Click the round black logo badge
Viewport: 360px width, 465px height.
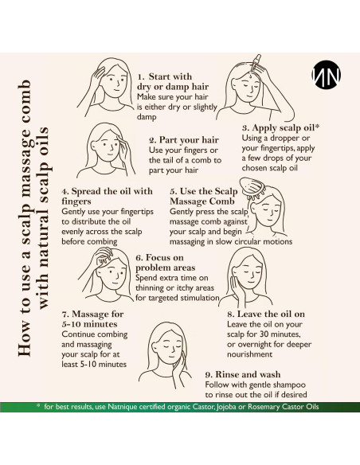click(327, 74)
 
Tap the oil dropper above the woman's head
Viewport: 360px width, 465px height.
click(256, 63)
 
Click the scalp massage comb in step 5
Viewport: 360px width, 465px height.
click(253, 189)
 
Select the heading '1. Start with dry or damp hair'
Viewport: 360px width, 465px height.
click(173, 81)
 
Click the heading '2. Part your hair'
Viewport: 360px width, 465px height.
click(184, 139)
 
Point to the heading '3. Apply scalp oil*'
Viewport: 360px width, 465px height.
click(280, 128)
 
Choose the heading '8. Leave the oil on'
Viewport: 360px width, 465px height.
click(266, 314)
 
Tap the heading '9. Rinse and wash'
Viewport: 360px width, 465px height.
click(243, 374)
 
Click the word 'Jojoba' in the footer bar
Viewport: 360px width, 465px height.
click(226, 407)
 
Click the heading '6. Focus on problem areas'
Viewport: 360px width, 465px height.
click(166, 263)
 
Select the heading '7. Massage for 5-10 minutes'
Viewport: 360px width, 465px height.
click(92, 318)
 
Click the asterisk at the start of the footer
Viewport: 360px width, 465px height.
click(38, 405)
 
